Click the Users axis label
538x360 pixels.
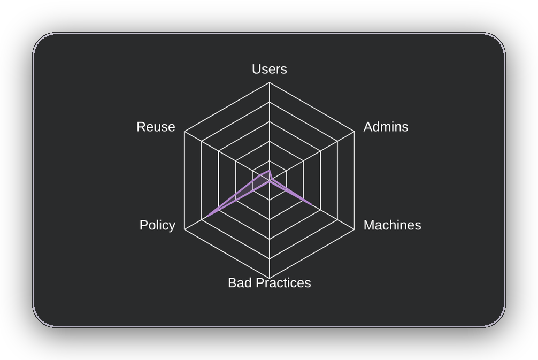point(270,70)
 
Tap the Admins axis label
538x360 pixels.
point(386,127)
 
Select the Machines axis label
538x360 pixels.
point(392,225)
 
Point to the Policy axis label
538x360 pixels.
point(157,225)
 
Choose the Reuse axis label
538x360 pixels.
point(156,127)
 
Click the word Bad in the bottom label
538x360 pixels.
point(240,283)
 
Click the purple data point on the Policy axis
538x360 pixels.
point(207,217)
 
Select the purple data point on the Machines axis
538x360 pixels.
point(312,205)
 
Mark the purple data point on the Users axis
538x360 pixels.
point(270,170)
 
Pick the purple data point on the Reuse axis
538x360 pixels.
point(261,175)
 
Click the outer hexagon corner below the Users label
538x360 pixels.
point(270,82)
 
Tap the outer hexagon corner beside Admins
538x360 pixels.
point(355,132)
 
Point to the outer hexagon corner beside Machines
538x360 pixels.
point(355,229)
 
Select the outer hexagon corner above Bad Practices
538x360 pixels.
point(270,278)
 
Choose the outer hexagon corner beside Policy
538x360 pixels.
point(185,229)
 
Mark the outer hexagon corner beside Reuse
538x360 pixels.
point(185,132)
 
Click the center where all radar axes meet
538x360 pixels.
point(270,180)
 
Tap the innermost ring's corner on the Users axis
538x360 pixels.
point(270,160)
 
